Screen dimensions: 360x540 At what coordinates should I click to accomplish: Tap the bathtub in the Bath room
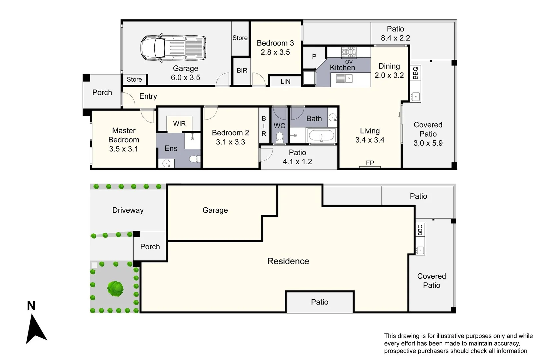point(321,136)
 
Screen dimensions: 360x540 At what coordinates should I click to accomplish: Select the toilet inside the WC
point(279,137)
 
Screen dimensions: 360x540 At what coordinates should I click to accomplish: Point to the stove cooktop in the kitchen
point(348,52)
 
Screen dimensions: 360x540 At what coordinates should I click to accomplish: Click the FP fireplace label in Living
point(370,163)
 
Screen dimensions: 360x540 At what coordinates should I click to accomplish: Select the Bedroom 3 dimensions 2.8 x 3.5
point(275,52)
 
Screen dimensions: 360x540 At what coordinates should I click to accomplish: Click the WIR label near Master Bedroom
point(179,124)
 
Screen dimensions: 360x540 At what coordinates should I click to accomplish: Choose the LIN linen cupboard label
point(285,82)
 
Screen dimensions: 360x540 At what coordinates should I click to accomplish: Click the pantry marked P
point(314,57)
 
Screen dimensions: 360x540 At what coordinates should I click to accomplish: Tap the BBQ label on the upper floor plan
point(415,73)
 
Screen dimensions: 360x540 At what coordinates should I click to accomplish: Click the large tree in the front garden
point(115,288)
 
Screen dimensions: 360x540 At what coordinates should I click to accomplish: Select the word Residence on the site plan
point(288,261)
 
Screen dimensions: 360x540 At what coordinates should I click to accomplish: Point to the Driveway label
point(128,210)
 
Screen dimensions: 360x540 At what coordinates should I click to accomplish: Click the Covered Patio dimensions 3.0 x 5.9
point(428,143)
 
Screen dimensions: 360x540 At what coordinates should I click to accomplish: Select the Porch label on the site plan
point(150,247)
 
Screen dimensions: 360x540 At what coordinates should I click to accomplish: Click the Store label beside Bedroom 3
point(240,38)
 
